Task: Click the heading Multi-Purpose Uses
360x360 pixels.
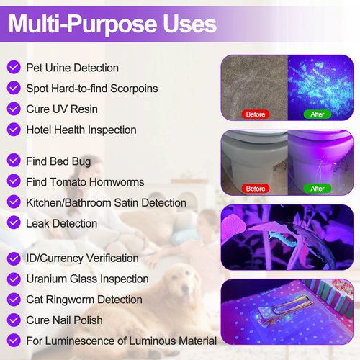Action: point(112,24)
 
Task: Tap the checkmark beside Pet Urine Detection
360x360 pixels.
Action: point(13,68)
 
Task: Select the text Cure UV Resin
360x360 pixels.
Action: point(61,109)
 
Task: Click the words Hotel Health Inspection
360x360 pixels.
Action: point(81,130)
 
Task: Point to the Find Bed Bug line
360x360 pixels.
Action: point(58,161)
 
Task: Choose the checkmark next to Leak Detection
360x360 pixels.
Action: point(13,223)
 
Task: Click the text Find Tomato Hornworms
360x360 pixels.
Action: point(85,182)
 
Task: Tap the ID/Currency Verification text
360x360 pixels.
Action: point(82,258)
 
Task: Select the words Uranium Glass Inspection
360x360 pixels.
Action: point(87,279)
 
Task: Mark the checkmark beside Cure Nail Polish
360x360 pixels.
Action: point(13,320)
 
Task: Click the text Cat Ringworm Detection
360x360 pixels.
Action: point(84,299)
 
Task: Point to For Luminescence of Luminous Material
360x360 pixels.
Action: point(121,341)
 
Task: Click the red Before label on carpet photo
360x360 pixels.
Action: point(256,114)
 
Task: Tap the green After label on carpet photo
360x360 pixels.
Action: point(317,114)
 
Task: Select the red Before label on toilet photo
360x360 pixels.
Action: point(256,188)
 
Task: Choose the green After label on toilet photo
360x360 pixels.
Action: point(317,188)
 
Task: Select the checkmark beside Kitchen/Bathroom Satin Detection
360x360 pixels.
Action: point(13,203)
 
